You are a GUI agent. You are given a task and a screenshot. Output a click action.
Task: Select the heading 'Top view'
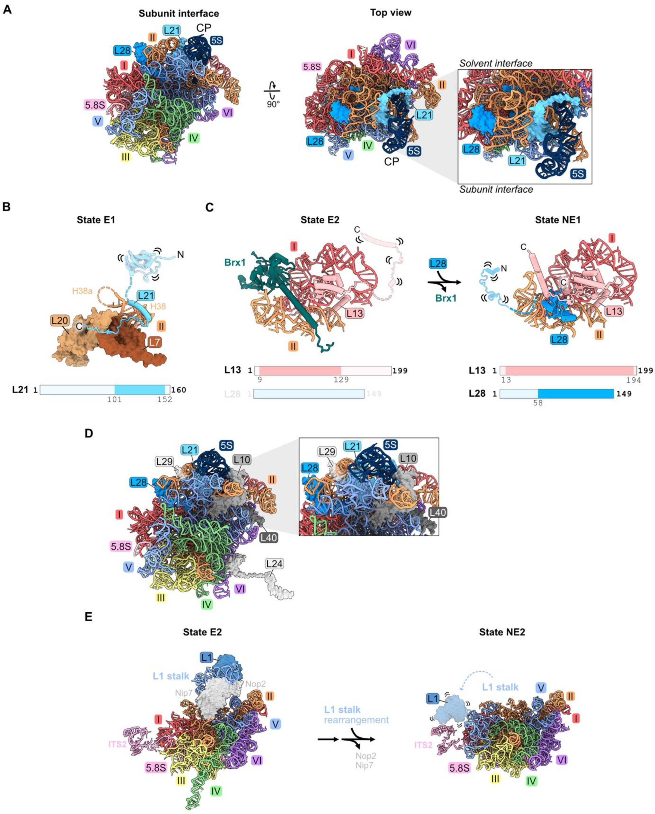391,13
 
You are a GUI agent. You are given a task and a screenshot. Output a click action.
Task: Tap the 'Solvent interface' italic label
496,63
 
